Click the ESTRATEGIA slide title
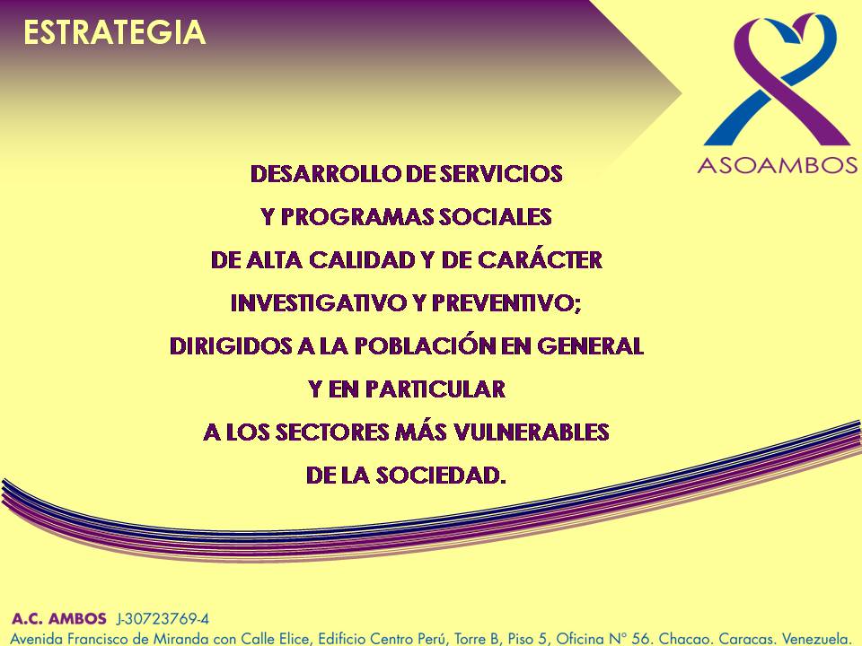pyautogui.click(x=114, y=32)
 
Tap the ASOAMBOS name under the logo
pyautogui.click(x=778, y=165)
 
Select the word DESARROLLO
pyautogui.click(x=325, y=173)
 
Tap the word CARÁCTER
pyautogui.click(x=540, y=259)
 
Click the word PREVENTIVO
pyautogui.click(x=505, y=303)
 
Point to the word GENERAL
pyautogui.click(x=590, y=346)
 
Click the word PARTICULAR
pyautogui.click(x=435, y=388)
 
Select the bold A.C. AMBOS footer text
pyautogui.click(x=59, y=618)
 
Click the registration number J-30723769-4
pyautogui.click(x=163, y=619)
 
